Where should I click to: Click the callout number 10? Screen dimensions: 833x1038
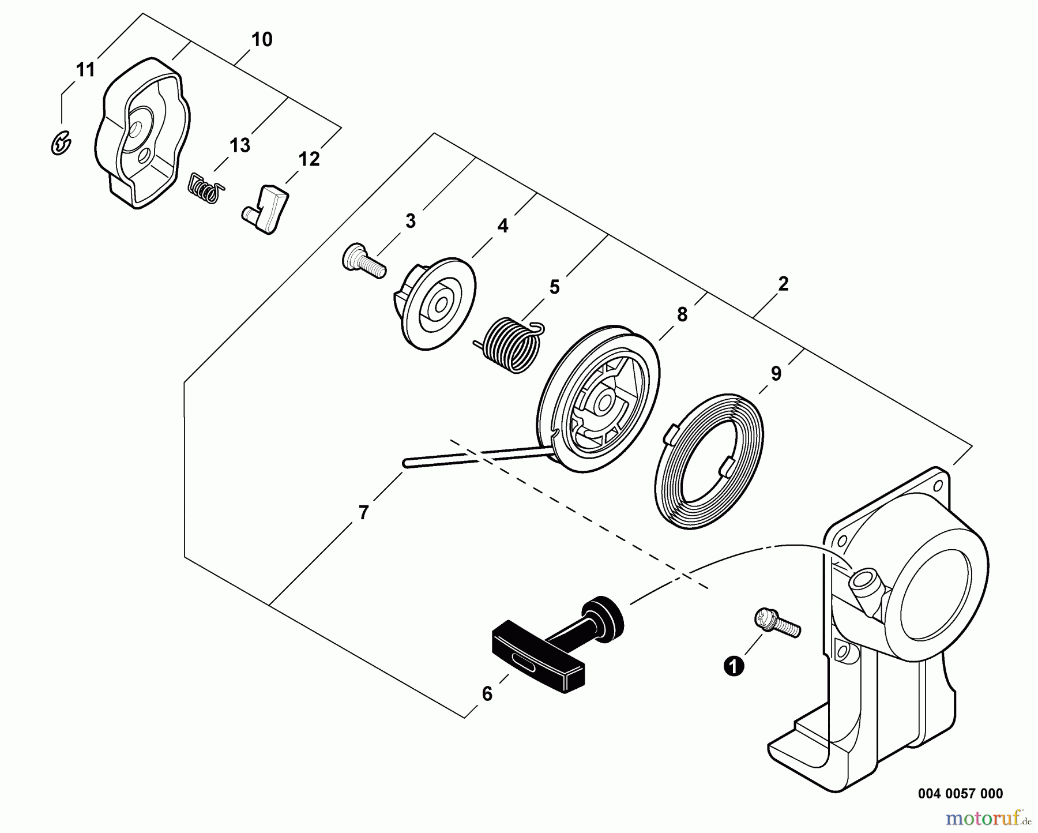pyautogui.click(x=262, y=40)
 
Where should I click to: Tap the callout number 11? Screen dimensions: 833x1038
pyautogui.click(x=85, y=70)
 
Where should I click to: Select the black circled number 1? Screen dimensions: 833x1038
pyautogui.click(x=734, y=667)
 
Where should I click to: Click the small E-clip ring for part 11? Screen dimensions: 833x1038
pyautogui.click(x=60, y=144)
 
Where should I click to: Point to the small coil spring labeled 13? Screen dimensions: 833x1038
pyautogui.click(x=205, y=188)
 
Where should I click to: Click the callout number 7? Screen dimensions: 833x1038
pyautogui.click(x=363, y=512)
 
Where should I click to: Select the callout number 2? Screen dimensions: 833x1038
pyautogui.click(x=783, y=284)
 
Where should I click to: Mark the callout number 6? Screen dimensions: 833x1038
pyautogui.click(x=487, y=694)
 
